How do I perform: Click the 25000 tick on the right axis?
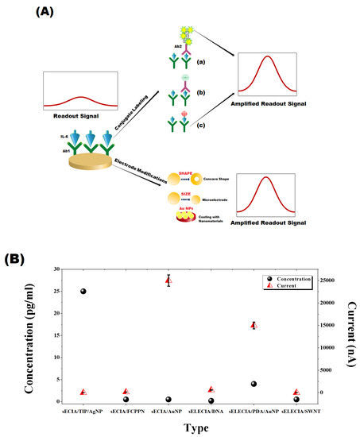pyautogui.click(x=327, y=280)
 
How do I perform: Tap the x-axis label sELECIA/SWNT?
pyautogui.click(x=296, y=411)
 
